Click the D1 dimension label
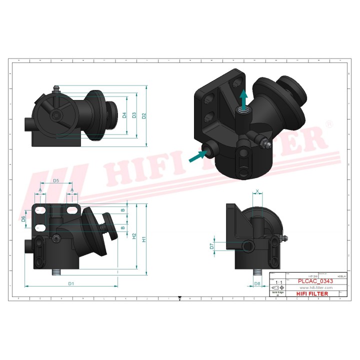(x=71, y=283)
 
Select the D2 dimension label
(x=144, y=116)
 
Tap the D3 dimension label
(x=134, y=115)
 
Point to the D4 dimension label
(x=124, y=115)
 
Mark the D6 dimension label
(x=24, y=218)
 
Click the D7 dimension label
(x=212, y=246)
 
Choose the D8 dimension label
(x=257, y=283)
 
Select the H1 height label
(x=144, y=239)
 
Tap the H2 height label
(x=134, y=235)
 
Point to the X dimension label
(x=257, y=191)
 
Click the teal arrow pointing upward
(x=243, y=101)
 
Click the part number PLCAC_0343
(x=315, y=281)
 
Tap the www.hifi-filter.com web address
(x=316, y=287)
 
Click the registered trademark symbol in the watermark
(x=328, y=123)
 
